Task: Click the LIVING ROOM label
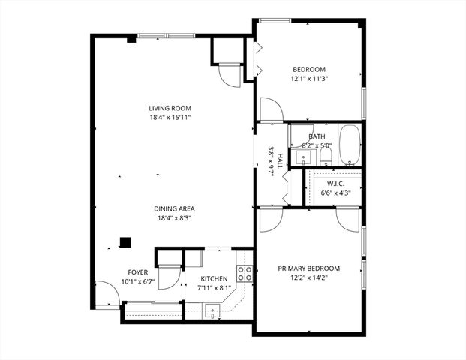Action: click(x=169, y=108)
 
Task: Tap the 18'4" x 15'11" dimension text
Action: click(x=169, y=118)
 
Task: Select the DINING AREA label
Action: click(x=169, y=209)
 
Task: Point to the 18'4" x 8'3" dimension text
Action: click(x=169, y=219)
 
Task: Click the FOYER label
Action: click(x=137, y=272)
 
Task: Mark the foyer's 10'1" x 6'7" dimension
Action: click(x=137, y=282)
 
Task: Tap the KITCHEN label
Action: click(x=214, y=278)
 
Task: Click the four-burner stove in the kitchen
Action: click(x=244, y=274)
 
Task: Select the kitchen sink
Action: click(x=211, y=310)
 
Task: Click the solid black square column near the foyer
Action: click(x=125, y=242)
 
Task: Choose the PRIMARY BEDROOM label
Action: click(x=309, y=268)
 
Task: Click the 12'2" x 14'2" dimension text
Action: click(x=309, y=278)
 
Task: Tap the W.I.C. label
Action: click(x=334, y=183)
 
